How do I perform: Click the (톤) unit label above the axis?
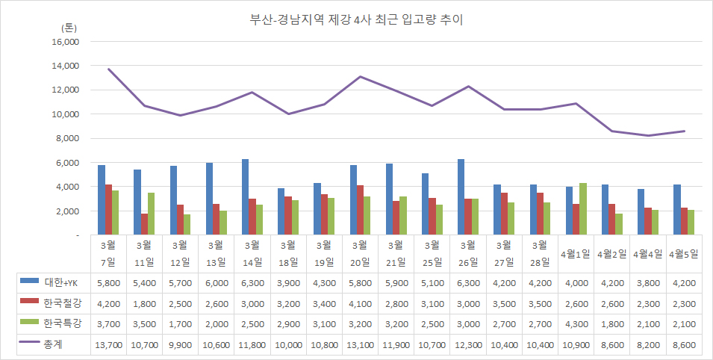[69, 27]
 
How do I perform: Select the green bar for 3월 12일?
[187, 225]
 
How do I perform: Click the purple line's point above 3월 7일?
[109, 69]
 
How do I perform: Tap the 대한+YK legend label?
[64, 284]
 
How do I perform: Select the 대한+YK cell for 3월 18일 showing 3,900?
[288, 284]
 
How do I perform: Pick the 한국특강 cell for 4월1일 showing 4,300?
[576, 324]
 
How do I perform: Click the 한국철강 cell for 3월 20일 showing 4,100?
[360, 304]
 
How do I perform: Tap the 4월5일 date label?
[685, 253]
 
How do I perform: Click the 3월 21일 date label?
[396, 253]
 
